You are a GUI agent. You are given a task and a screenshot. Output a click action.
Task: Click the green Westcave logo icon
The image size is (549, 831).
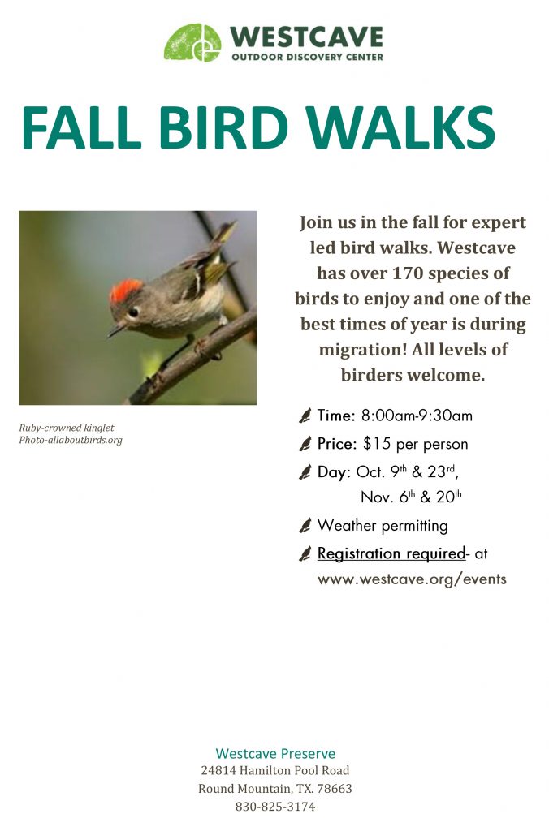coord(192,42)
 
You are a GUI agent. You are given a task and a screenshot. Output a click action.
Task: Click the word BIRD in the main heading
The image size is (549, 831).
coord(223,127)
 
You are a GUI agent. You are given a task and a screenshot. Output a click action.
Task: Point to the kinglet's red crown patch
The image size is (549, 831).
coord(126,290)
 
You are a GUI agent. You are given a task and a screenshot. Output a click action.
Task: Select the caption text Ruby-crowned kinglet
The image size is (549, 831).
coord(67,428)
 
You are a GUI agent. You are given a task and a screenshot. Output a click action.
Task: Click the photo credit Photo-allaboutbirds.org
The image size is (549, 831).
coord(71,440)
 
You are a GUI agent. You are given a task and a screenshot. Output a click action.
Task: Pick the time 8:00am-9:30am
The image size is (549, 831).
coord(417,415)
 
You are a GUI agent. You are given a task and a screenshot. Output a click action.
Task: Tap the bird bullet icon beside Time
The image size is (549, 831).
coord(305,415)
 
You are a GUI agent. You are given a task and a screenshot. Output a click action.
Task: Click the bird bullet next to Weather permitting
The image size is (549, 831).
coord(305,526)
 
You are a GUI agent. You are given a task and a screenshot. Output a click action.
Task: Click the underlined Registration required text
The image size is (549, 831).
coord(391,553)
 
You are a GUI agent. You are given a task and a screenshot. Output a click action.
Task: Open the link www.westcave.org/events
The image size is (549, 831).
coord(412,579)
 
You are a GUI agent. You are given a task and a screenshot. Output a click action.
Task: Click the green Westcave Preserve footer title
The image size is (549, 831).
coord(275,754)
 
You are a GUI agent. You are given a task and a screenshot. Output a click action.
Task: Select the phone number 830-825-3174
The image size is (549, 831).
coord(275,807)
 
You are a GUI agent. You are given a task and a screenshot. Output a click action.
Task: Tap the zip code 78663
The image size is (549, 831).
coord(335,789)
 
